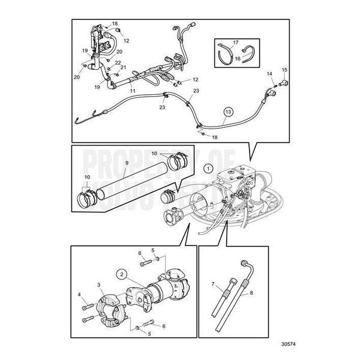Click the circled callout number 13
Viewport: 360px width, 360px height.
pyautogui.click(x=227, y=111)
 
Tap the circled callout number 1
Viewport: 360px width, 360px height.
pyautogui.click(x=208, y=169)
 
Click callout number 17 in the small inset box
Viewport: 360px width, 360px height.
pyautogui.click(x=236, y=43)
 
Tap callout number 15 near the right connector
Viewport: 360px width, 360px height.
pyautogui.click(x=284, y=70)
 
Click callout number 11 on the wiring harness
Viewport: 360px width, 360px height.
pyautogui.click(x=133, y=91)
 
